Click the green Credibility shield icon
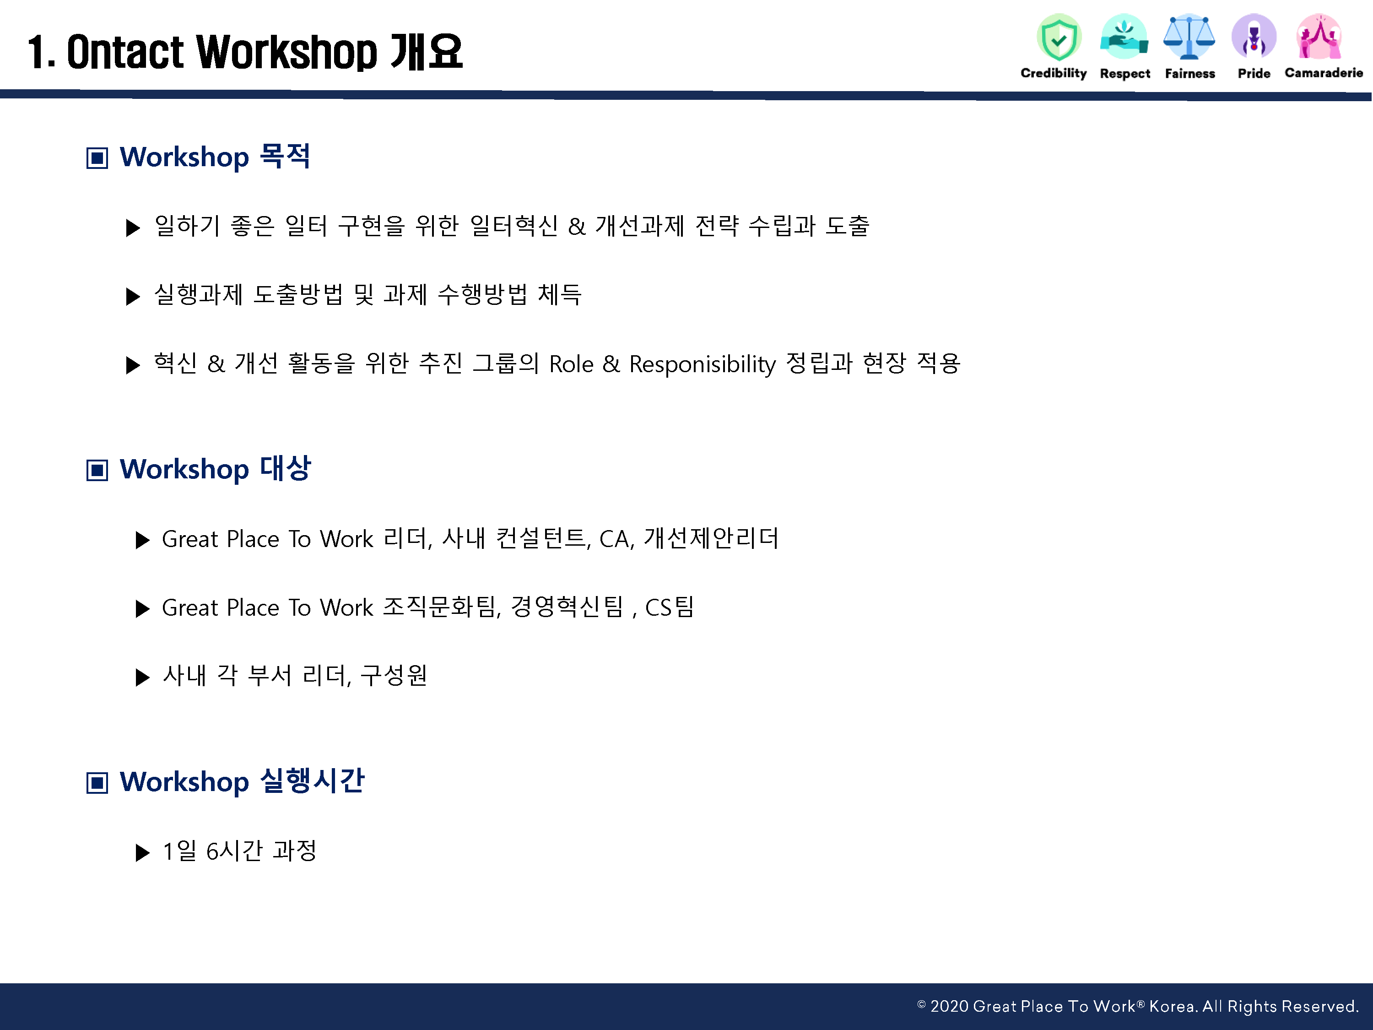pos(1059,37)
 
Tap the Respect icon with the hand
pos(1124,37)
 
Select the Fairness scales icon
pos(1189,37)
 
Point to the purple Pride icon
pos(1254,37)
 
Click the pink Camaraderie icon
pos(1319,37)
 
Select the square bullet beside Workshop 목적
pos(97,157)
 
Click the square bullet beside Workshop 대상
pos(97,470)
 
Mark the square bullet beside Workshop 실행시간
pos(97,782)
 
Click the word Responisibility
pos(702,364)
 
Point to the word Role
pos(571,364)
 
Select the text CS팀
pos(669,607)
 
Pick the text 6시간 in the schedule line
pos(234,851)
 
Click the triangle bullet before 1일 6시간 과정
pos(143,852)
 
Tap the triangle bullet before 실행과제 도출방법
pos(133,296)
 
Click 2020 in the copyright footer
pos(949,1006)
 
